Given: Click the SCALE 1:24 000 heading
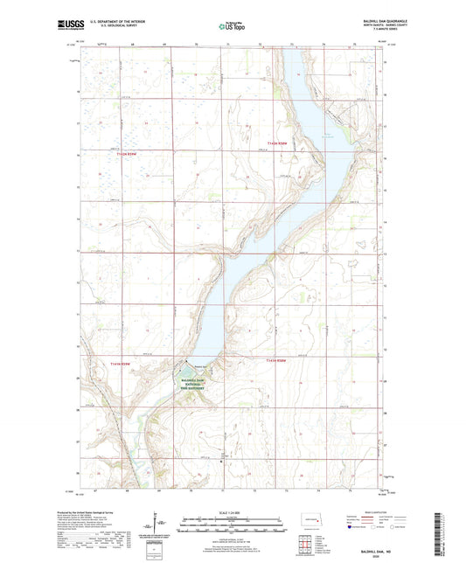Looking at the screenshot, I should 232,512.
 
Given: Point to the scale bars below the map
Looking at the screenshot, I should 232,526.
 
